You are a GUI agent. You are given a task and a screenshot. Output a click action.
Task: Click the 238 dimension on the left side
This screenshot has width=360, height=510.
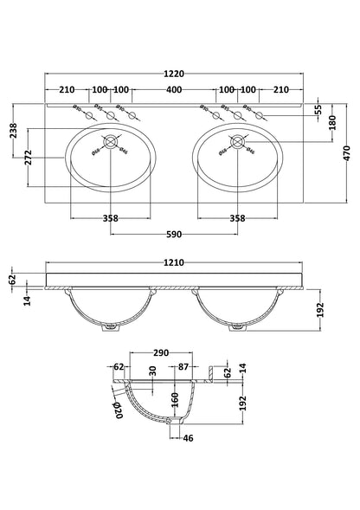(x=13, y=131)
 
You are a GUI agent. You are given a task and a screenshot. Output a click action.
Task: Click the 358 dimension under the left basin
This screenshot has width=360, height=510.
(x=110, y=219)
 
